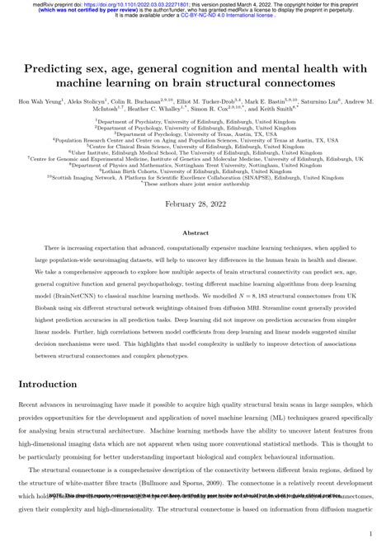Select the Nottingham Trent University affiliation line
(195, 165)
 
